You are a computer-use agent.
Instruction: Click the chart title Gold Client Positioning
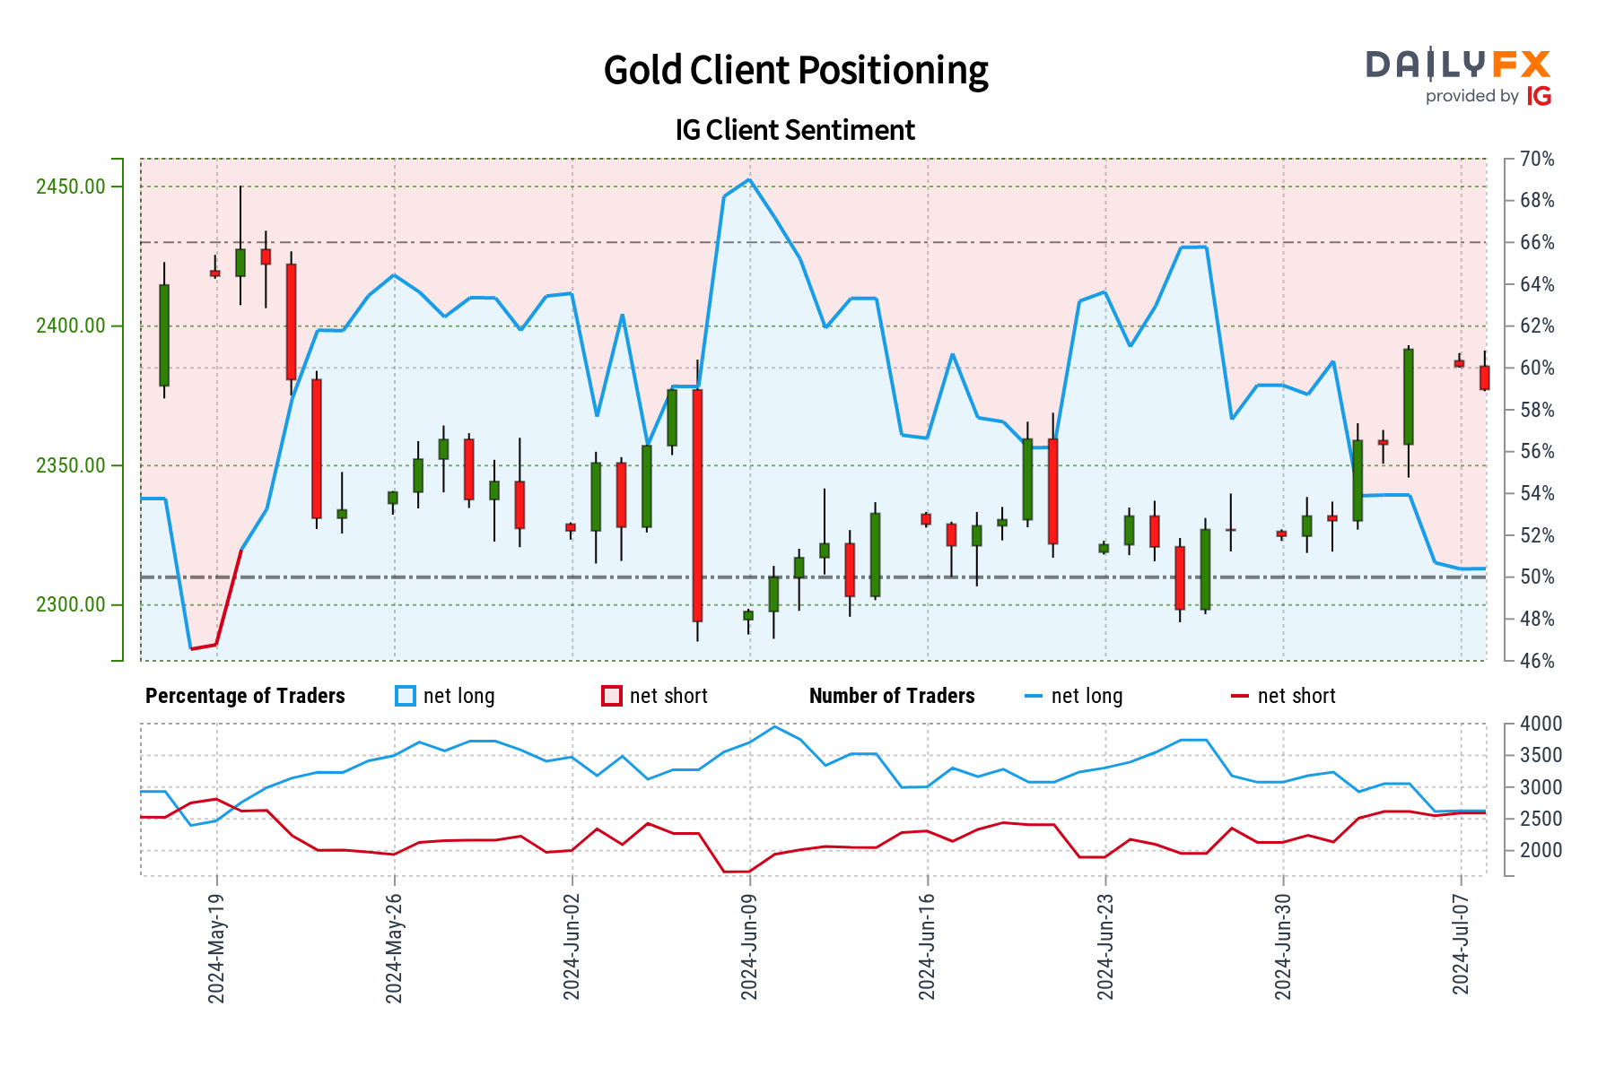(x=795, y=70)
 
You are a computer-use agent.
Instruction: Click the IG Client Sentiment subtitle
(x=795, y=130)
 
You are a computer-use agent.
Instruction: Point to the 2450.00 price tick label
(x=70, y=187)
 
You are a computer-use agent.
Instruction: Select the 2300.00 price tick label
(x=70, y=604)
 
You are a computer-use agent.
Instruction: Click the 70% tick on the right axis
(x=1537, y=160)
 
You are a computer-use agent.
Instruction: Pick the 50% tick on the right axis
(x=1537, y=577)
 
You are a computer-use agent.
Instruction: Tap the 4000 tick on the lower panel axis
(x=1541, y=724)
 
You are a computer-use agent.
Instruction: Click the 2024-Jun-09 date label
(x=749, y=947)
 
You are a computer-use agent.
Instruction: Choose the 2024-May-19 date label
(x=216, y=947)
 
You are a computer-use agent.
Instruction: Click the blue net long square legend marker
(x=406, y=696)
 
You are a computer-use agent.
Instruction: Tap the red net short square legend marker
(x=611, y=696)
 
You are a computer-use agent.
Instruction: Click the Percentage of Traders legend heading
(x=245, y=696)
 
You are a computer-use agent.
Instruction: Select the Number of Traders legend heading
(x=891, y=696)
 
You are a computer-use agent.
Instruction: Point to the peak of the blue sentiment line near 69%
(x=749, y=179)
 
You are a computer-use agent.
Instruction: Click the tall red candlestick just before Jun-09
(x=697, y=505)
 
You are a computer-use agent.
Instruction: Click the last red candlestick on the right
(x=1485, y=377)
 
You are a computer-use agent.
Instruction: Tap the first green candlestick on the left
(x=164, y=335)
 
